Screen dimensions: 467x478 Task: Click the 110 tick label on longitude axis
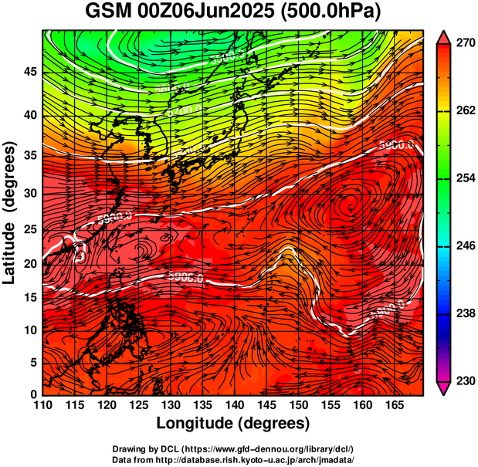click(42, 406)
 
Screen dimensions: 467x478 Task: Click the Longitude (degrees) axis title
click(233, 423)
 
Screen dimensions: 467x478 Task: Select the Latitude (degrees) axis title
click(11, 213)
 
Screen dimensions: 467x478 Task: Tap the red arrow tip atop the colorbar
click(444, 36)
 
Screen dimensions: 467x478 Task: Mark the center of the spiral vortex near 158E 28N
click(351, 205)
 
